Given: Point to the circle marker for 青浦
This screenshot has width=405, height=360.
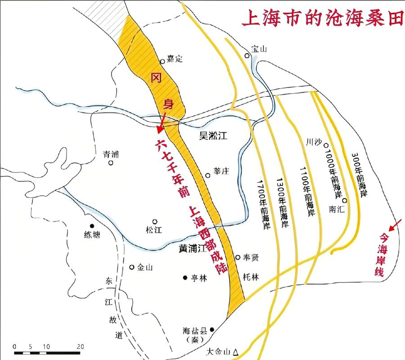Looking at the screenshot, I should coord(111,163).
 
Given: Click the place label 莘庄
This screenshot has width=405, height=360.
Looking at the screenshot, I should coord(221,171).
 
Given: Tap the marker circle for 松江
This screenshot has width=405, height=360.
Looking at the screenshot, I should coord(155,221).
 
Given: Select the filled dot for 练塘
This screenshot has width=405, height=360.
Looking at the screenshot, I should coord(92,226).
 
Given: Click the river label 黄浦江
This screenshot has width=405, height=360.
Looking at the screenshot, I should coord(189,248).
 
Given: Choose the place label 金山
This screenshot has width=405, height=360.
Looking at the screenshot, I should coord(145,267).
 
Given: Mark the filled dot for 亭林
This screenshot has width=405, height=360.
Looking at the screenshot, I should coord(185,278).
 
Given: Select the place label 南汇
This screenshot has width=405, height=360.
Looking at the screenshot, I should coord(337,209).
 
